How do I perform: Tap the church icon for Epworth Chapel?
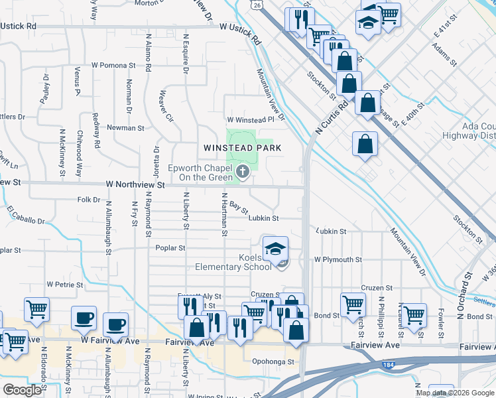(243, 174)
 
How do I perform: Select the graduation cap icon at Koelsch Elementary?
(275, 249)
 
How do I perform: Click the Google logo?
(21, 391)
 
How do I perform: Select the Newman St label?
(125, 127)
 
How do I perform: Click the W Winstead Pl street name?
(250, 120)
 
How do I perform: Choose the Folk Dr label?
(88, 200)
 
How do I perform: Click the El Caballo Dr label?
(27, 216)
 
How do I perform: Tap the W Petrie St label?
(64, 285)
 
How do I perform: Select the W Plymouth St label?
(338, 260)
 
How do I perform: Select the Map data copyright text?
(455, 393)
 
